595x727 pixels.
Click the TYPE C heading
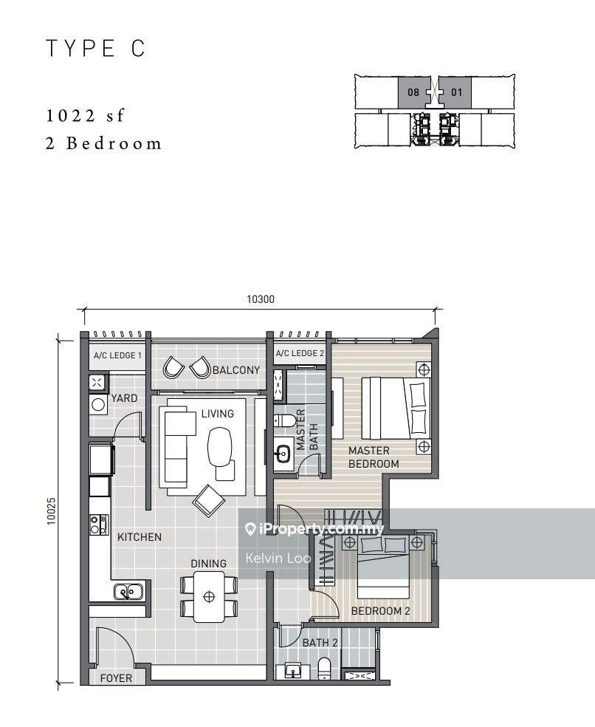96,49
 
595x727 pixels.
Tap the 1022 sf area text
86,115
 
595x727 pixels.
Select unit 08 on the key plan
413,92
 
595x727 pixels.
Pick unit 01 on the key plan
456,92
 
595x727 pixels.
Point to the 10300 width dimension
261,299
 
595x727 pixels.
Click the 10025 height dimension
51,511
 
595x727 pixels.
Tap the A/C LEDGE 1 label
117,355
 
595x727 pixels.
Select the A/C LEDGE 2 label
300,353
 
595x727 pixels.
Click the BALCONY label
236,370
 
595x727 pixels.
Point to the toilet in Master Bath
285,420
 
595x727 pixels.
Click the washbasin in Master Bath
282,452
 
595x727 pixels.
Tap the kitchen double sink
129,592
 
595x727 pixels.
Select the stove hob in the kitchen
99,525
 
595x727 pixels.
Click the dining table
209,597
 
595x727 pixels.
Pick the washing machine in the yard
98,405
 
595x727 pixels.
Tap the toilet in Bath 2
325,668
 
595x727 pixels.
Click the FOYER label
116,678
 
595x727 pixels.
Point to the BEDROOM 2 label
380,611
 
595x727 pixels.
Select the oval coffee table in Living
219,446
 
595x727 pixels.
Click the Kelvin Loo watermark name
278,558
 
